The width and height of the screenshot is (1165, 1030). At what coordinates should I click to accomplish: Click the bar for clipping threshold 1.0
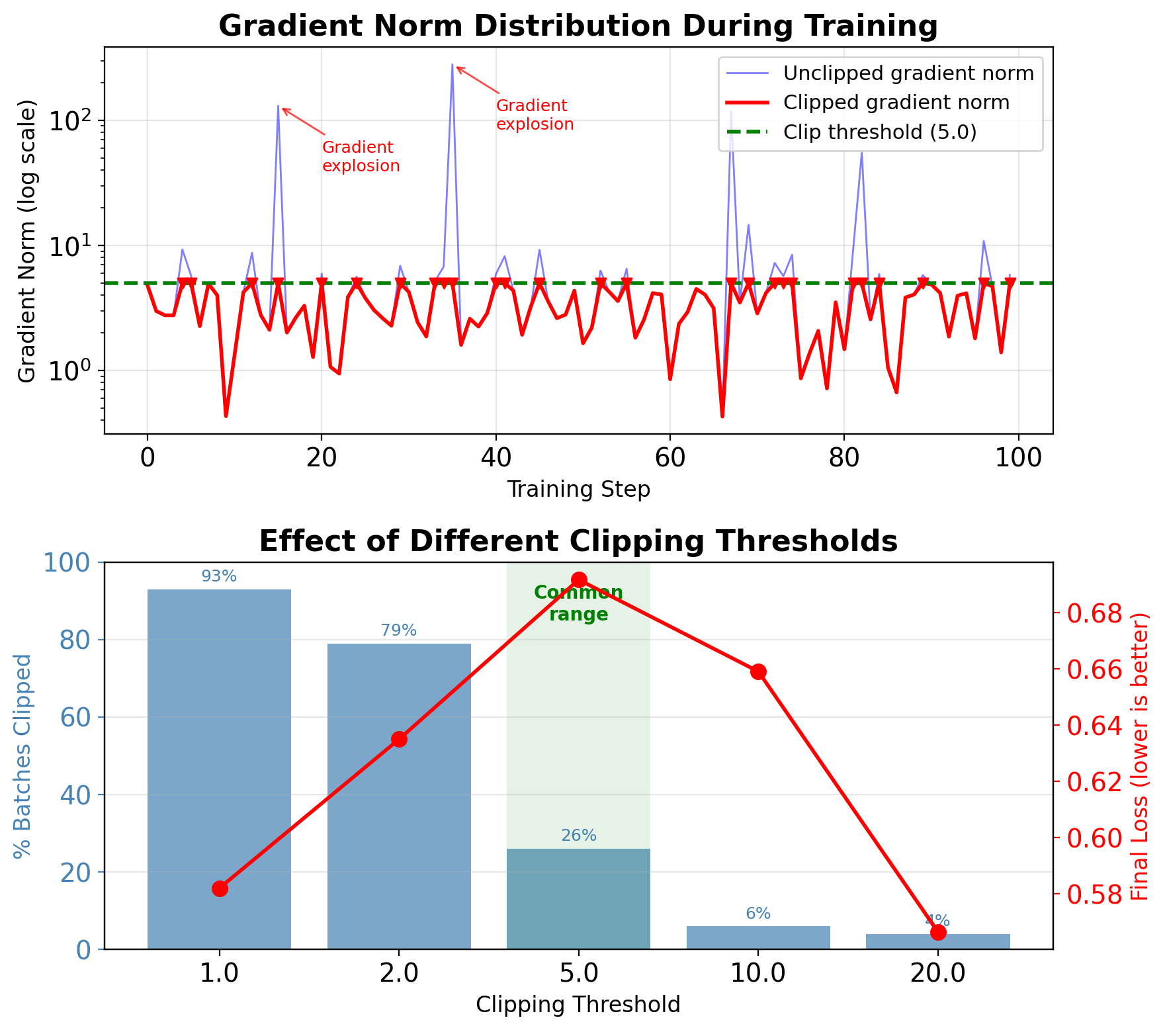click(219, 767)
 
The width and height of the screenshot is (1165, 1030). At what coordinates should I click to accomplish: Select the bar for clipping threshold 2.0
click(399, 794)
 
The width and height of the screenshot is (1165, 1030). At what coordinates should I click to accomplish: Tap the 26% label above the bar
click(579, 836)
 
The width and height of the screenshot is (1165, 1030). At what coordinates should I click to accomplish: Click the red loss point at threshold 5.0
click(579, 580)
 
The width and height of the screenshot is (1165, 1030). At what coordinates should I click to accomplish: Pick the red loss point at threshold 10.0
click(758, 672)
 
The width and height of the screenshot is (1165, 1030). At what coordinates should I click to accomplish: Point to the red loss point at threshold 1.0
click(220, 888)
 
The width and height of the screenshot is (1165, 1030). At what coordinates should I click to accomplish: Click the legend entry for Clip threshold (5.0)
click(879, 132)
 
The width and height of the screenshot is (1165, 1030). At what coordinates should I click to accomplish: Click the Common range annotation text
click(579, 603)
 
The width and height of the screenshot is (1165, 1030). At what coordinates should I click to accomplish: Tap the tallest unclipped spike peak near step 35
click(453, 65)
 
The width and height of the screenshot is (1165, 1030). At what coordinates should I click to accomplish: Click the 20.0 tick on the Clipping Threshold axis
click(937, 974)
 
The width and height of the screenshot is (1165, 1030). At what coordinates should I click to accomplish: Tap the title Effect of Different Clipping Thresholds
click(578, 541)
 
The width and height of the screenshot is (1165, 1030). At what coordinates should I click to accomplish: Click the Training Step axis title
click(578, 490)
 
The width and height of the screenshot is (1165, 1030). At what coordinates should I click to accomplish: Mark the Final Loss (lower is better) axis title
click(1140, 756)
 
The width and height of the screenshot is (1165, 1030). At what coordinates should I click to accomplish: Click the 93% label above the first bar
click(219, 577)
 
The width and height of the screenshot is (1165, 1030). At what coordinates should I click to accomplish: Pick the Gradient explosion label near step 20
click(361, 157)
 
